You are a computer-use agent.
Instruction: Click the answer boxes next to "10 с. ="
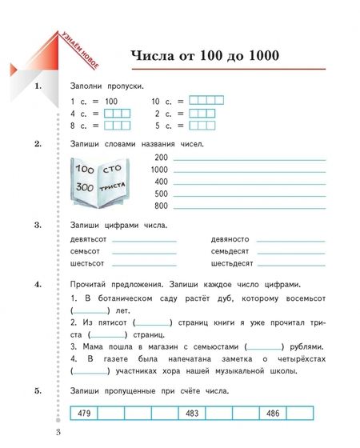tap(206, 101)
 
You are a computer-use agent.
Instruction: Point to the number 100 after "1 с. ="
tap(110, 102)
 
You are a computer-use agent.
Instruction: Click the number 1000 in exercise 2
tap(159, 170)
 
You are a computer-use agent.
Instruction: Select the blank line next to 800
tap(250, 206)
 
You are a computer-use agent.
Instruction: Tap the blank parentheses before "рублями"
tap(264, 346)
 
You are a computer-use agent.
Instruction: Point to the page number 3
tap(58, 434)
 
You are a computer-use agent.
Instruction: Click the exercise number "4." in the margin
tap(38, 285)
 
